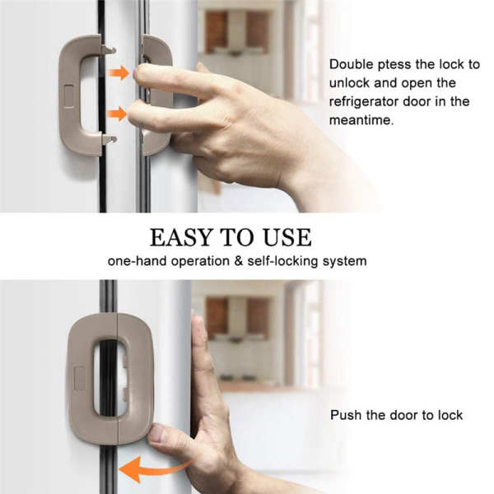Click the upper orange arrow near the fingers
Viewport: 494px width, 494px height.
point(119,73)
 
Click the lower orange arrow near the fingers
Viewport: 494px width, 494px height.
point(119,114)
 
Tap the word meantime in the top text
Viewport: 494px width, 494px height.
point(361,120)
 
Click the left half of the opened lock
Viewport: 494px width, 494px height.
point(79,95)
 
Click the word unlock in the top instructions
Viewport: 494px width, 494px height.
point(349,82)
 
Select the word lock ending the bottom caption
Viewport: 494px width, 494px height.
point(448,415)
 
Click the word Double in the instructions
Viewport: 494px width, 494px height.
point(351,63)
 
